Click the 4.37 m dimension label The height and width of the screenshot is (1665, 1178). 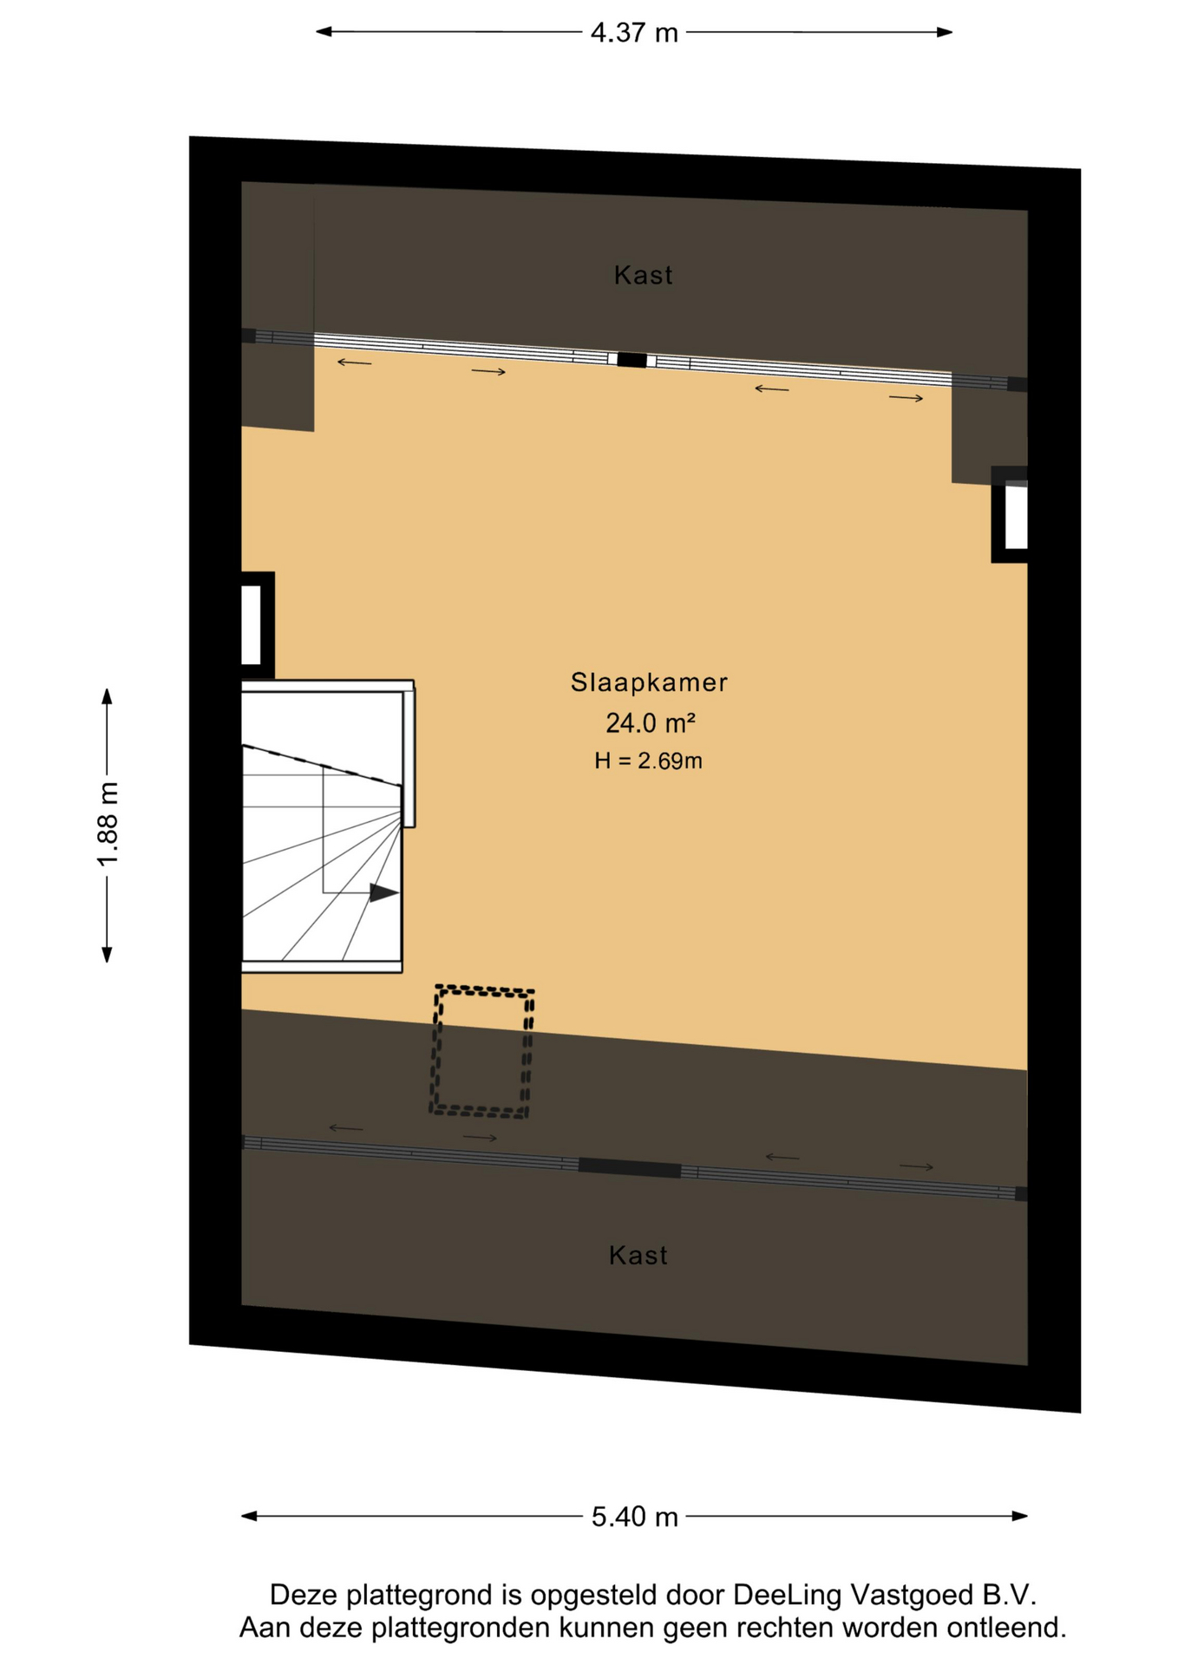[633, 33]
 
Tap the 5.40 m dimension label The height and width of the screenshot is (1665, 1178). [634, 1517]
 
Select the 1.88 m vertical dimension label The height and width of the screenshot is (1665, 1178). [108, 824]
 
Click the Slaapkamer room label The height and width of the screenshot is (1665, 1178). [648, 682]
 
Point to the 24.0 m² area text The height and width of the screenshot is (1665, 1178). [650, 721]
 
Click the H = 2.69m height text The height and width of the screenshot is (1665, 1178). [648, 761]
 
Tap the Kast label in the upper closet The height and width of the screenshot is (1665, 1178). [643, 275]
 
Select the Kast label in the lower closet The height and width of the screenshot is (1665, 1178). [638, 1255]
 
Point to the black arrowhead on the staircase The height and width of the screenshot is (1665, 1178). [383, 892]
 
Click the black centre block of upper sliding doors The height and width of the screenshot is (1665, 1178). [632, 360]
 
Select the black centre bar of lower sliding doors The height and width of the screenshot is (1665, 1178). [629, 1168]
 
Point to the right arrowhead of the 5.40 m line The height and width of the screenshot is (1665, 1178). [1020, 1516]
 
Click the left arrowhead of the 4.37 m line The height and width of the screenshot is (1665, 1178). [324, 31]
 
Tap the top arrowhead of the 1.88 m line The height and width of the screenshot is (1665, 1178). [107, 696]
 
